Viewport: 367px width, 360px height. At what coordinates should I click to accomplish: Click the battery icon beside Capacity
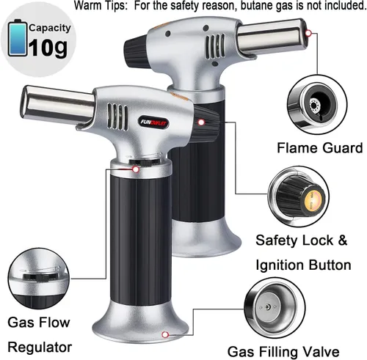18,38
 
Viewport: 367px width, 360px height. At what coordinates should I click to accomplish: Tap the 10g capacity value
48,48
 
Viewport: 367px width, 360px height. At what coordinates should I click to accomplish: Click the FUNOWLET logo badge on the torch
154,122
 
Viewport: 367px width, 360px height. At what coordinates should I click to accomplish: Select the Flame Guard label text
319,148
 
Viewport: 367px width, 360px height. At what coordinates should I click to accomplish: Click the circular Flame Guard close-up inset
317,105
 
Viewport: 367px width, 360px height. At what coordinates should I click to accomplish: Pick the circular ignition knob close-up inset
299,196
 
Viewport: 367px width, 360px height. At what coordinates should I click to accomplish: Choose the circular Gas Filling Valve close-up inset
275,309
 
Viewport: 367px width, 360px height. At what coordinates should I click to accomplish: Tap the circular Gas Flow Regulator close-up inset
39,279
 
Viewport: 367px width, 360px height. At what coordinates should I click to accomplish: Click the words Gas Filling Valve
283,352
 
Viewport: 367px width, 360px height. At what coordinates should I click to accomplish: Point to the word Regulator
40,347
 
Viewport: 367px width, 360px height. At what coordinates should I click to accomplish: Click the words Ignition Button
303,265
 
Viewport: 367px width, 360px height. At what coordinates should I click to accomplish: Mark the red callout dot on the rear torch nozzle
308,33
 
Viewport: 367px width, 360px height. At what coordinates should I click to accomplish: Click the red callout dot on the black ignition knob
201,122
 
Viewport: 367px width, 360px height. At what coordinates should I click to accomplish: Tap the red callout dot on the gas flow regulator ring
136,169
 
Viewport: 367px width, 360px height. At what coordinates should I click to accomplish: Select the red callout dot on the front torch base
165,334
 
